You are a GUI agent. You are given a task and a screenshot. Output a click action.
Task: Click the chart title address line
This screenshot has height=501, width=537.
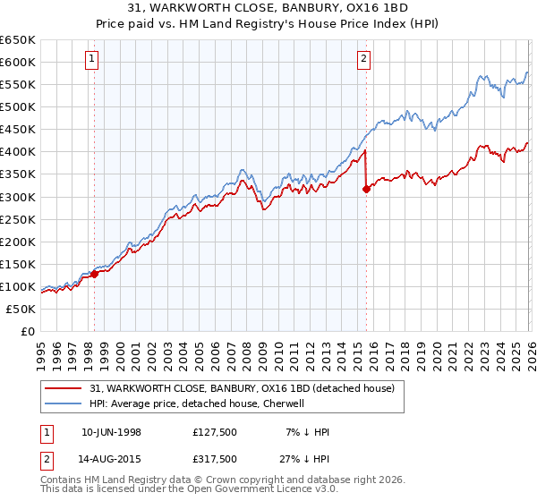(268, 7)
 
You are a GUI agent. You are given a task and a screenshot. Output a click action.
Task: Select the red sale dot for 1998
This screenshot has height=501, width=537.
(95, 274)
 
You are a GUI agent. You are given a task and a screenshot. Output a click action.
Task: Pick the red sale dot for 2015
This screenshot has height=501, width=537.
(366, 189)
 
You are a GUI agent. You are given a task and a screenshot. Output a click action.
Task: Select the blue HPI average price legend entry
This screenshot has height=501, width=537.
(197, 403)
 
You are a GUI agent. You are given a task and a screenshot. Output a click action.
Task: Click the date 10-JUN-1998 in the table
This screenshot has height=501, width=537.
(111, 432)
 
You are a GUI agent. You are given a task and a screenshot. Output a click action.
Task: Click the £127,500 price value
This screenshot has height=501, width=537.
(214, 432)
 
